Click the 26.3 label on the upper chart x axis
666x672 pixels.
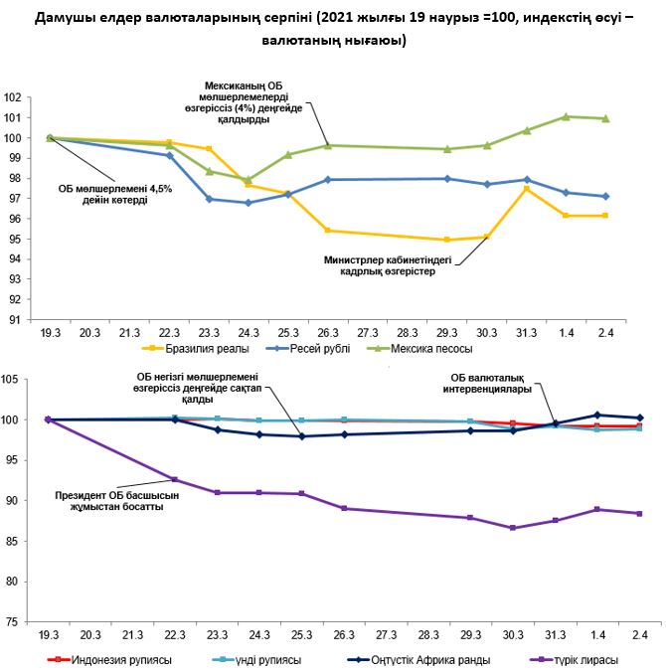[x=326, y=334]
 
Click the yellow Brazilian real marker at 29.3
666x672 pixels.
[x=447, y=240]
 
